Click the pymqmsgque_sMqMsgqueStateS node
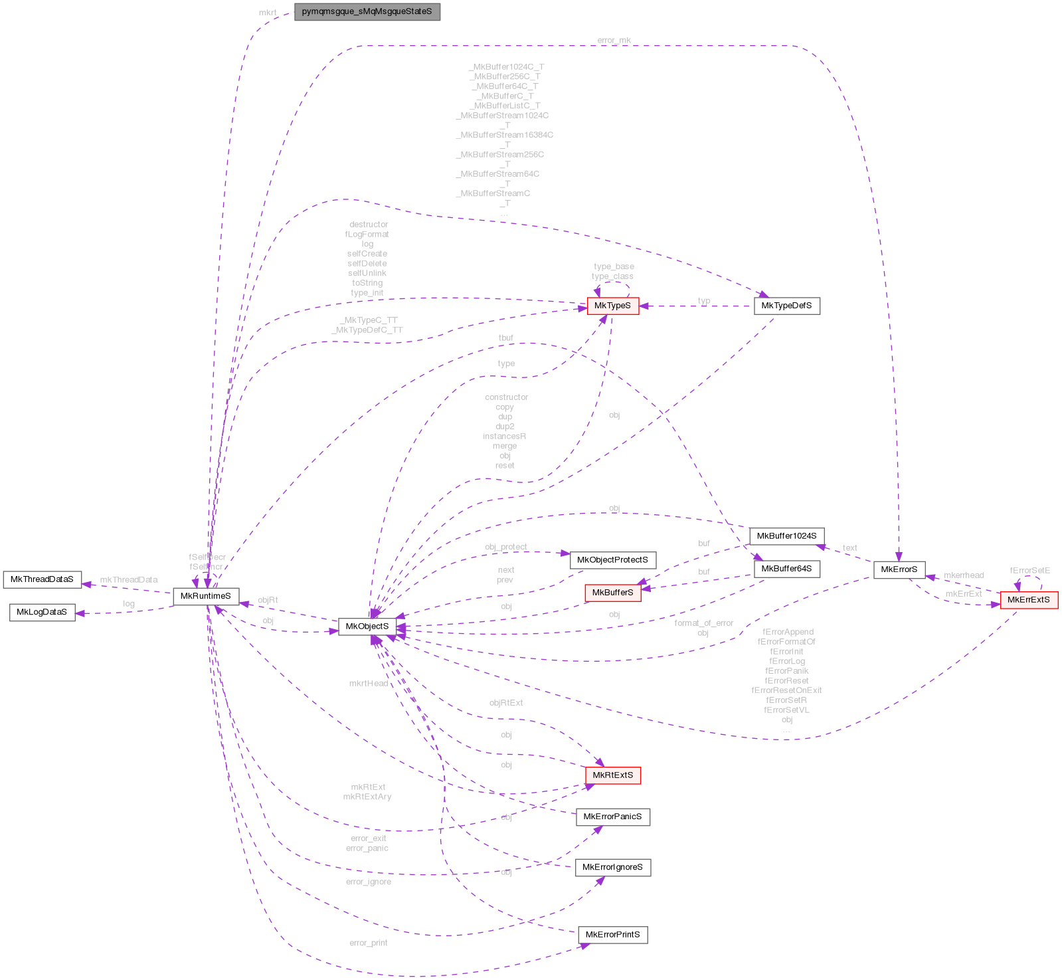(x=367, y=12)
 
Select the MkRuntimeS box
(x=206, y=596)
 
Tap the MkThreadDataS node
(x=42, y=579)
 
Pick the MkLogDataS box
(x=42, y=612)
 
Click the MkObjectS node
(x=367, y=627)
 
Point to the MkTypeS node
(x=612, y=306)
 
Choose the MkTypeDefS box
(x=786, y=306)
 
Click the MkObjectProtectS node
(x=612, y=560)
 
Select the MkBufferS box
(x=612, y=593)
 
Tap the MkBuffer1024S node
(x=786, y=536)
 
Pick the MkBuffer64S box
(x=786, y=569)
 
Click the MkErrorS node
(x=899, y=569)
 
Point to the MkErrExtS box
(x=1028, y=600)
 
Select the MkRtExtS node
(x=612, y=775)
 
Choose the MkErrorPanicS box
(x=612, y=817)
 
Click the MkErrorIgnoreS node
(x=612, y=867)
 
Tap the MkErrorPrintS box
(x=612, y=935)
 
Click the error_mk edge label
(x=614, y=41)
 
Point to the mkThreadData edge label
(x=129, y=580)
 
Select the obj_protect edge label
(x=505, y=547)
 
